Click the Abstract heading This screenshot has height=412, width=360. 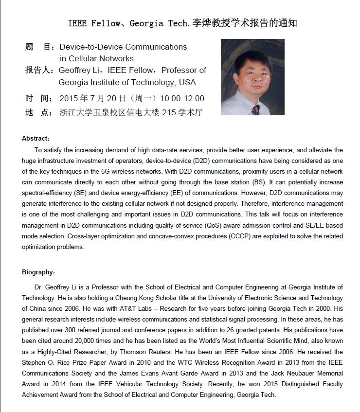click(x=36, y=139)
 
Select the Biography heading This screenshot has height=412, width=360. click(x=38, y=272)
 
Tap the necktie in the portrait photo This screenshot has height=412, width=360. click(x=255, y=109)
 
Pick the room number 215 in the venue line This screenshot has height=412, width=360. click(x=170, y=112)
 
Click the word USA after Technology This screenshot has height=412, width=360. click(x=187, y=82)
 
